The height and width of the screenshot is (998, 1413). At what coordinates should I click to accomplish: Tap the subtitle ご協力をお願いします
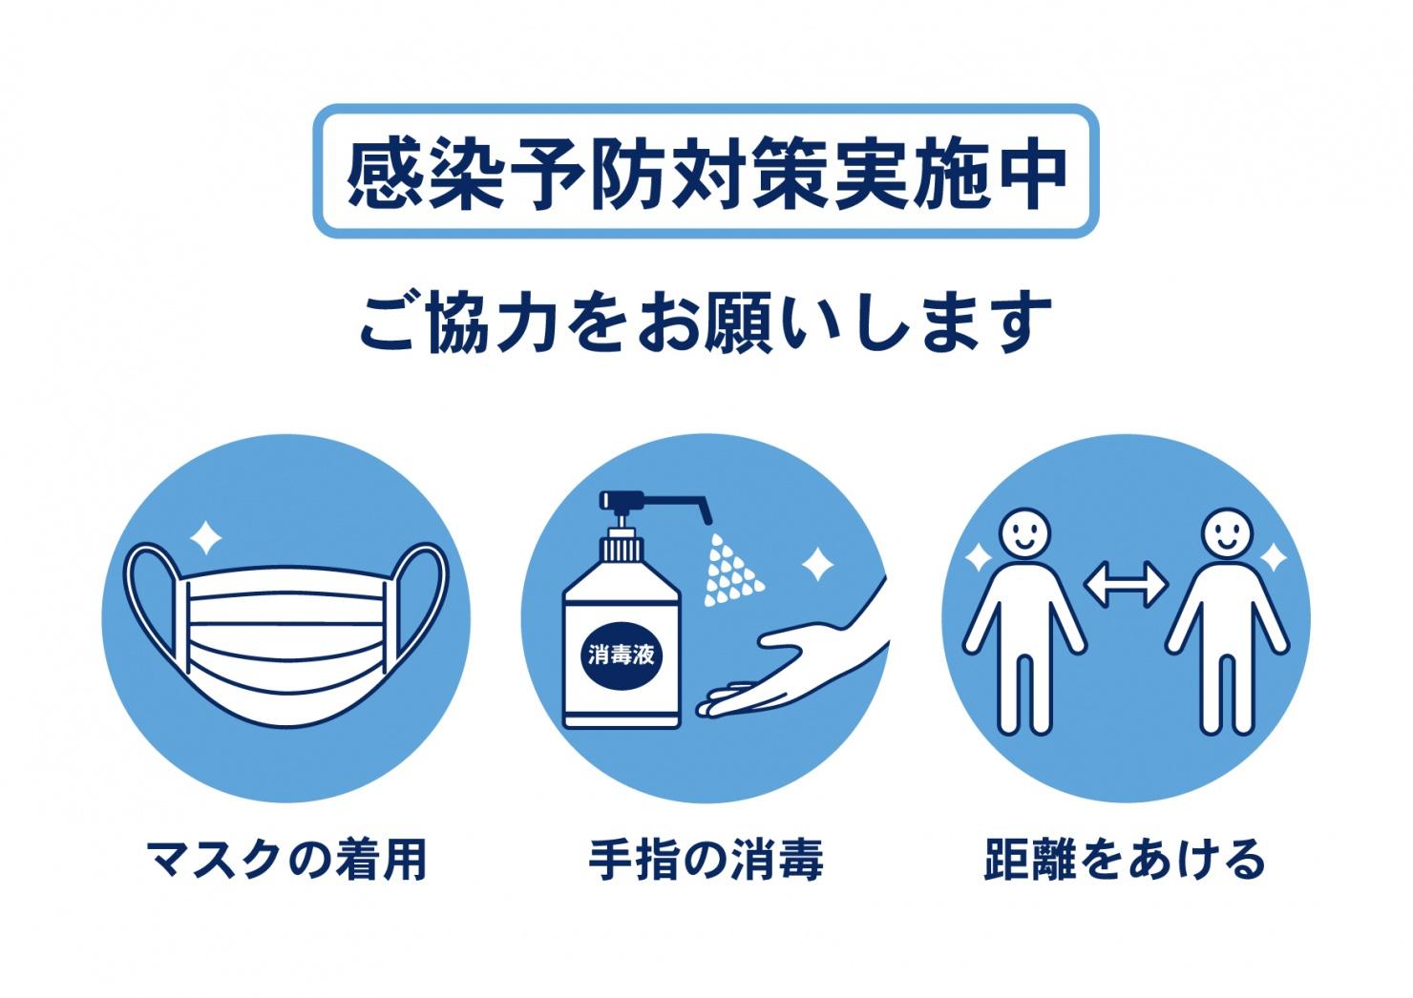coord(706,322)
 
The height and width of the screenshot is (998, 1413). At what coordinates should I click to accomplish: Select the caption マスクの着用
coord(287,859)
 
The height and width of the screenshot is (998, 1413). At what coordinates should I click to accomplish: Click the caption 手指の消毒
coord(706,859)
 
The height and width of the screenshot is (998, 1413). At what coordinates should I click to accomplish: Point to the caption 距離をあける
coord(1125,859)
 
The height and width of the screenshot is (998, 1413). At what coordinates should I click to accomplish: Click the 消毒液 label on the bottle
coord(622,655)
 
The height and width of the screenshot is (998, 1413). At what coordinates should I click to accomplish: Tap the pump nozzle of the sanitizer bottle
coord(656,505)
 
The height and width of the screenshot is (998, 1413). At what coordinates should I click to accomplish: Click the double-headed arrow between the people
coord(1126,585)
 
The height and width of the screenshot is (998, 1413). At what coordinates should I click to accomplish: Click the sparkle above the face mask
coord(205,538)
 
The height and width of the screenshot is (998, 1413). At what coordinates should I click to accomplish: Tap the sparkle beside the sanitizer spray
coord(818,564)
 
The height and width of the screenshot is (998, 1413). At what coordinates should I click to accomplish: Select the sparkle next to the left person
coord(979,557)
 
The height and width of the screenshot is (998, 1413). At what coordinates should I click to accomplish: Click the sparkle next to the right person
coord(1273,557)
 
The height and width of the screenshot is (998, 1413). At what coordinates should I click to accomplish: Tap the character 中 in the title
coord(1033,174)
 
